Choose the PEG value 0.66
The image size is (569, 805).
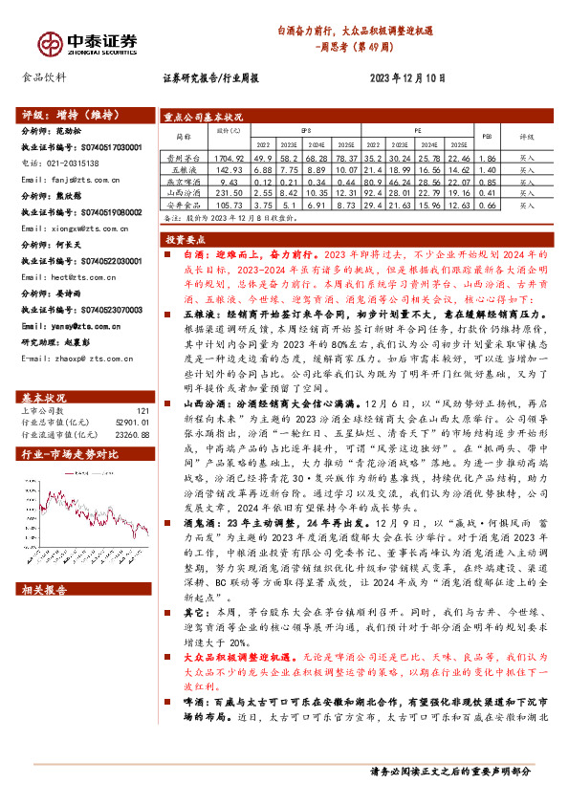(x=486, y=204)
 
